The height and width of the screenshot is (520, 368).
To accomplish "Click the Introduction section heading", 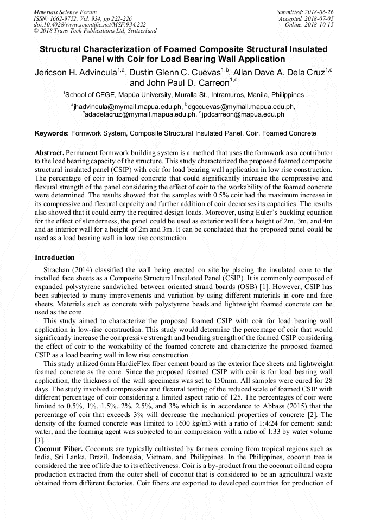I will (54, 257).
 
